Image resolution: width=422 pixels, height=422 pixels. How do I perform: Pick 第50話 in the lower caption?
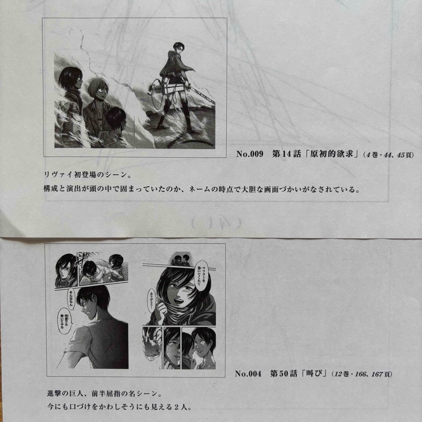point(282,373)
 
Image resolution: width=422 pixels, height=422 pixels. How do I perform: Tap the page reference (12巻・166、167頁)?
point(361,374)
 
